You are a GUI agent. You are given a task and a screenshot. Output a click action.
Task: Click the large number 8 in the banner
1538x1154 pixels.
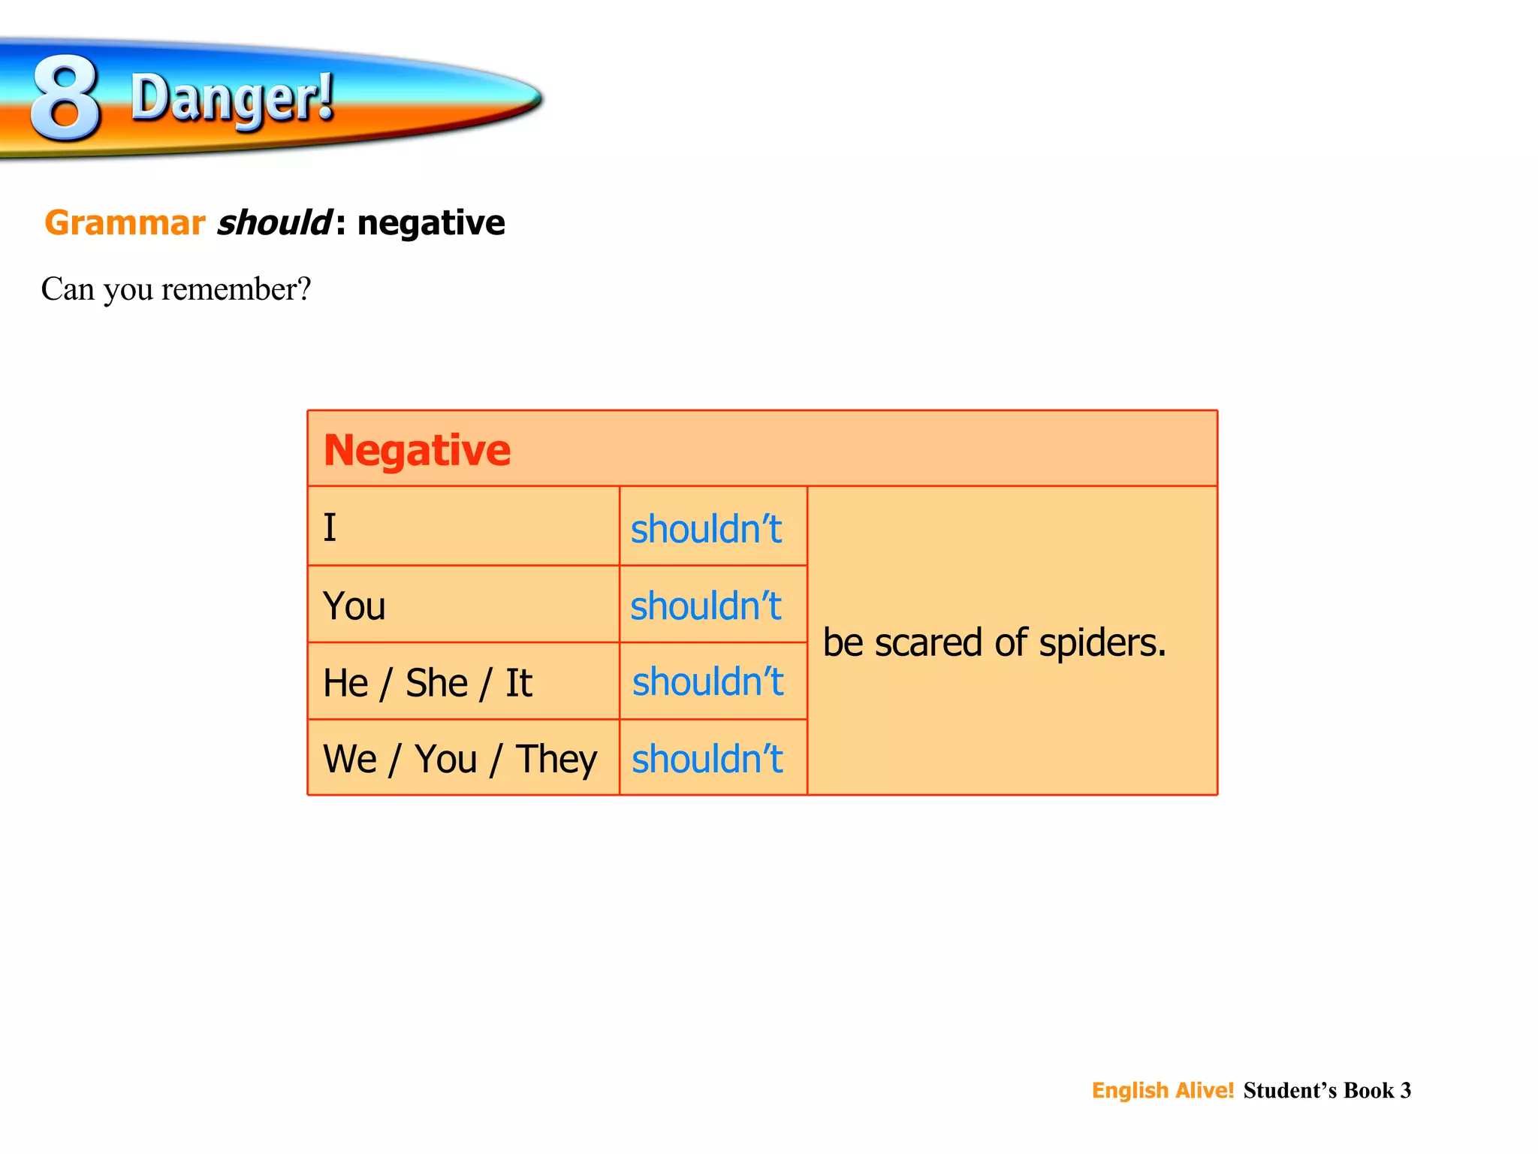[x=65, y=98]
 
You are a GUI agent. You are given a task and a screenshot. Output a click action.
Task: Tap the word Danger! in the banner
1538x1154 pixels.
[x=232, y=98]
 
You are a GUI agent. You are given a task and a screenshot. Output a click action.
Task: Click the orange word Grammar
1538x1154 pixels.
[x=125, y=223]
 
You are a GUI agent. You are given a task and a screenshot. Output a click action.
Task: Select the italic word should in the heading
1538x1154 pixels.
[x=273, y=223]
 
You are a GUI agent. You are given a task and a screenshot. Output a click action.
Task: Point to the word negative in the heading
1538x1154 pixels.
[x=431, y=223]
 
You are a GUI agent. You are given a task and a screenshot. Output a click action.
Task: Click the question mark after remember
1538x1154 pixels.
[x=303, y=289]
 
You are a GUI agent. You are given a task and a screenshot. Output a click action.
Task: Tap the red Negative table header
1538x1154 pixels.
[x=417, y=450]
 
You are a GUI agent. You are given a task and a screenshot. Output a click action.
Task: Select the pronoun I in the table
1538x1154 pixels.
[x=330, y=527]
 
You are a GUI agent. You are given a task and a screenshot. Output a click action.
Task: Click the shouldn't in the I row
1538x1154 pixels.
[x=706, y=529]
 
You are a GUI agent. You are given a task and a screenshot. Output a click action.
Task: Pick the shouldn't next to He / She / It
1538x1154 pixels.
[x=707, y=682]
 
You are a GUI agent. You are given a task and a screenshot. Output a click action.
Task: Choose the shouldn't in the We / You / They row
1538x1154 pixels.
[x=707, y=759]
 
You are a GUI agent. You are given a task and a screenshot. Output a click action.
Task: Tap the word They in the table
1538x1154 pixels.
[x=556, y=760]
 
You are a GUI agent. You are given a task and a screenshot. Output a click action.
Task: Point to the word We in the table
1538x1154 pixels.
[x=350, y=759]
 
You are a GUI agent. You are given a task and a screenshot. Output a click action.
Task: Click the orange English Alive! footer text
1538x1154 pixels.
[x=1163, y=1090]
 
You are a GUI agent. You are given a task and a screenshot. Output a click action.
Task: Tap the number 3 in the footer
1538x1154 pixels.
[x=1405, y=1090]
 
